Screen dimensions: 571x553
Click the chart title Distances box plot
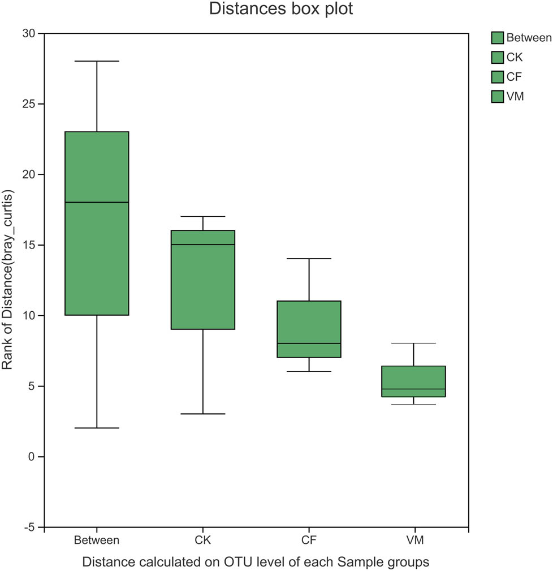[x=281, y=10]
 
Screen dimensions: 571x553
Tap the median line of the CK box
[x=203, y=245]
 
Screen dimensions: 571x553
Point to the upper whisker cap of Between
[x=97, y=61]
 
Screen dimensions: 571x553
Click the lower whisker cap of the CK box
[x=203, y=414]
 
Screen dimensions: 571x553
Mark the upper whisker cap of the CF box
[x=309, y=259]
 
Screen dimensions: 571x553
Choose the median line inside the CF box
[x=309, y=343]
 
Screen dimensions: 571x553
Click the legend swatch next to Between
[x=498, y=38]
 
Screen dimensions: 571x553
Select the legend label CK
[x=515, y=58]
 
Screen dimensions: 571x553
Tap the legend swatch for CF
[x=498, y=77]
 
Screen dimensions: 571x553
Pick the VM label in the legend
[x=515, y=97]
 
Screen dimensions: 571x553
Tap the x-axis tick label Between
[x=97, y=541]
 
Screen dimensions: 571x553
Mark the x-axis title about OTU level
[x=256, y=563]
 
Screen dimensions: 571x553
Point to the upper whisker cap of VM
[x=414, y=343]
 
